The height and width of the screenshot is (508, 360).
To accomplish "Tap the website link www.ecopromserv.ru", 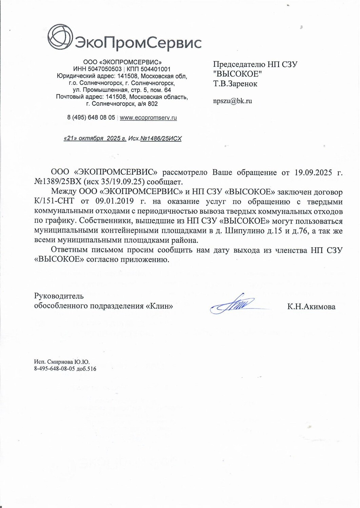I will pyautogui.click(x=148, y=118).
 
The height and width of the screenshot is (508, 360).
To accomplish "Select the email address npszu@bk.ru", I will pyautogui.click(x=232, y=101).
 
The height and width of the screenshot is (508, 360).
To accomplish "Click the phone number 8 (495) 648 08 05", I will pyautogui.click(x=91, y=118).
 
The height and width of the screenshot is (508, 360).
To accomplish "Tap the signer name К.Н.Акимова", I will pyautogui.click(x=311, y=307).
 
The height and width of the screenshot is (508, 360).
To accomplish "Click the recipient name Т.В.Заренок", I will pyautogui.click(x=235, y=84).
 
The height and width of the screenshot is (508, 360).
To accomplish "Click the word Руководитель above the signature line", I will pyautogui.click(x=59, y=296).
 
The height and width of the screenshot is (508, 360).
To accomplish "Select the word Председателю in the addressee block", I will pyautogui.click(x=238, y=64).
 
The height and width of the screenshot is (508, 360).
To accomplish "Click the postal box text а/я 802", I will pyautogui.click(x=146, y=104).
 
